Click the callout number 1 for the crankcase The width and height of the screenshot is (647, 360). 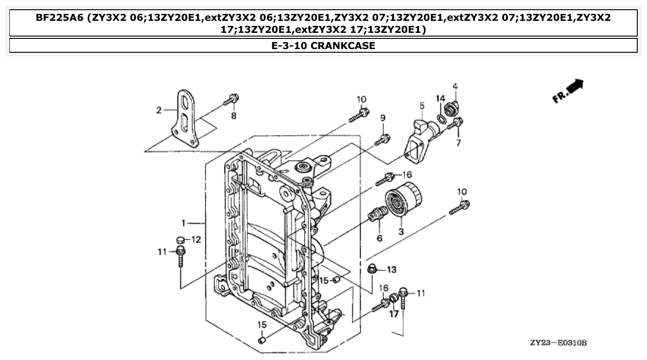pyautogui.click(x=184, y=223)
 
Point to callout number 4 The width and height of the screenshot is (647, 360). pyautogui.click(x=455, y=86)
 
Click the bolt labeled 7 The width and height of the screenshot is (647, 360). pyautogui.click(x=458, y=122)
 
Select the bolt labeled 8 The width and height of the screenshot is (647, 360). pyautogui.click(x=232, y=99)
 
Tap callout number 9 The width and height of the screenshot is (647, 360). pyautogui.click(x=382, y=119)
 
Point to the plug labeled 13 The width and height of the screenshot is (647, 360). pyautogui.click(x=371, y=268)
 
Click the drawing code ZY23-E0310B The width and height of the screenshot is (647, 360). pyautogui.click(x=559, y=343)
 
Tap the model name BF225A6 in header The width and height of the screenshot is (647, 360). pyautogui.click(x=60, y=18)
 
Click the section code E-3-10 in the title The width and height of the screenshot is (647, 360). pyautogui.click(x=288, y=46)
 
